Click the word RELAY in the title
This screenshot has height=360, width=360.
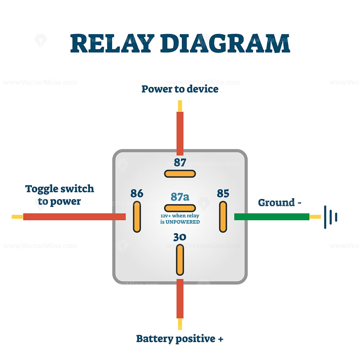point(112,44)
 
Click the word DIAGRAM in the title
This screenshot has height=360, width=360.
point(225,44)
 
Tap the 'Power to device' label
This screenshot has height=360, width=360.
point(180,89)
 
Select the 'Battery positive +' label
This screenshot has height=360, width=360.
point(180,339)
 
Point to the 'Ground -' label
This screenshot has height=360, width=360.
point(280,203)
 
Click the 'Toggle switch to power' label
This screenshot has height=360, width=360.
point(59,195)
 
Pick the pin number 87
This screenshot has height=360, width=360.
point(180,163)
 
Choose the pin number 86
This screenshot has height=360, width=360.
point(137,193)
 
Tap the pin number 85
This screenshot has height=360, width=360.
point(223,193)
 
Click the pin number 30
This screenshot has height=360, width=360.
point(180,237)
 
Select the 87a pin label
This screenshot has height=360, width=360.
point(180,197)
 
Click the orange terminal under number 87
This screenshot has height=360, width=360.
point(180,174)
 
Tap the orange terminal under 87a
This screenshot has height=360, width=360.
point(180,208)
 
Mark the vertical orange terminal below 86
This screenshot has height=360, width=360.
point(137,217)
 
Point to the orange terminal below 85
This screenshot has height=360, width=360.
point(223,217)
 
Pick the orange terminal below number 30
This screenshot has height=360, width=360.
point(180,260)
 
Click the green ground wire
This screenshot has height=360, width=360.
point(271,217)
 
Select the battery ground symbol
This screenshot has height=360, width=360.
point(330,217)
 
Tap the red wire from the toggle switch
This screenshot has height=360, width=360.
point(75,217)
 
